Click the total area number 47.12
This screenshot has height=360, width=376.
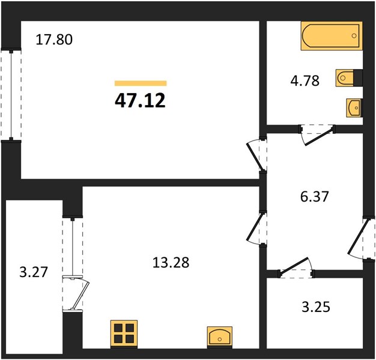point(141,100)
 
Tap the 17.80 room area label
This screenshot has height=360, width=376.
point(54,40)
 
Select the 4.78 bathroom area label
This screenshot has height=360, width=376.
point(305,80)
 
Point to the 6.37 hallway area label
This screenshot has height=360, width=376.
point(314,196)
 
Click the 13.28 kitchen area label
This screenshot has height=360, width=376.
point(171,262)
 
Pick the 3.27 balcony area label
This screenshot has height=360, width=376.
point(34,272)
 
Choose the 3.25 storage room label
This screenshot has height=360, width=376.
point(316,307)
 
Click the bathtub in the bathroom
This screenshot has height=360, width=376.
point(332,36)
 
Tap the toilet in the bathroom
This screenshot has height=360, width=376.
point(349,78)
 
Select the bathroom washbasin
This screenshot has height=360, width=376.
point(354,108)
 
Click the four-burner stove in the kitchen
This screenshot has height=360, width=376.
point(124,334)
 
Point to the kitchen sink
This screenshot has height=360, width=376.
point(220,337)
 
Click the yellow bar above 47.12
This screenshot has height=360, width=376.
point(141,83)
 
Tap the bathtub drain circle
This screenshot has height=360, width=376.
point(354,36)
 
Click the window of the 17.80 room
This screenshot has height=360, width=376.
point(11,95)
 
